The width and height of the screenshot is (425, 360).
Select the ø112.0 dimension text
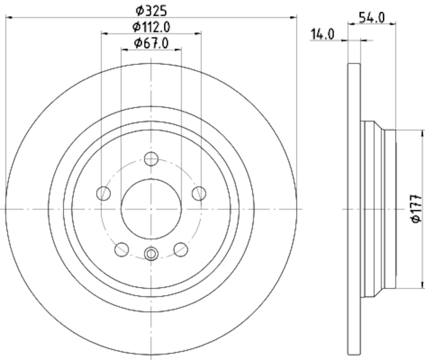pyautogui.click(x=151, y=26)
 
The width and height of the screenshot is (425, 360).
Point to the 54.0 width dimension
pyautogui.click(x=372, y=16)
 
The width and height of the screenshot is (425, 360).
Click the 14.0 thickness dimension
pyautogui.click(x=322, y=35)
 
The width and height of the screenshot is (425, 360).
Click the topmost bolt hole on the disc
pyautogui.click(x=151, y=159)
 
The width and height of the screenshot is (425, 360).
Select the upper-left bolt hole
pyautogui.click(x=104, y=193)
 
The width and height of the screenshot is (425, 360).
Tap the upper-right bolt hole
pyautogui.click(x=199, y=193)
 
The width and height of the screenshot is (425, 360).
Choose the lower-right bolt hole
pyautogui.click(x=181, y=248)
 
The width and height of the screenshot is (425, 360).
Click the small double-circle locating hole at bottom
pyautogui.click(x=151, y=254)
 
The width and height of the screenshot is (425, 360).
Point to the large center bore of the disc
pyautogui.click(x=151, y=208)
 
